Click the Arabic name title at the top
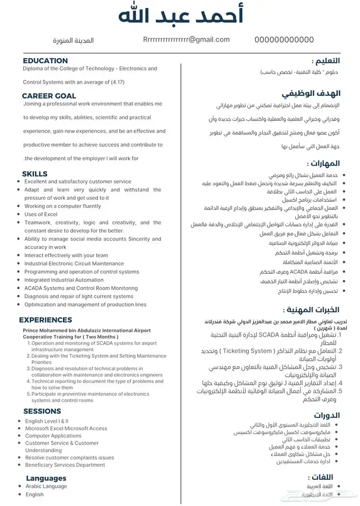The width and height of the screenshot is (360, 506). pos(181,15)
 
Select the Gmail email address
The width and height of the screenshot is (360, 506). pos(186,40)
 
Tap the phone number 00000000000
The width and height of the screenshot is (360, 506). pos(284,40)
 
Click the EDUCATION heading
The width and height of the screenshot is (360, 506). pos(45,61)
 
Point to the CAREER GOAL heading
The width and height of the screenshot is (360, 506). pos(49,96)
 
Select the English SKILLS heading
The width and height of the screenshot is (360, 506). pos(34,174)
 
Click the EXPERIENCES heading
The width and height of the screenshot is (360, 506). pos(45,320)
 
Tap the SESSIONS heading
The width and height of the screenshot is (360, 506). pos(42,411)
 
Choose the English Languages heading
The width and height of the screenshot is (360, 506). pos(47,478)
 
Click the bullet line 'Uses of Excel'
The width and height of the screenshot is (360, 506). pos(41,214)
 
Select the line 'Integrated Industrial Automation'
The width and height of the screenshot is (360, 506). pos(64,280)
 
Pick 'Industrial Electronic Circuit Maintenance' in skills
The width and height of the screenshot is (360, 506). pos(74,264)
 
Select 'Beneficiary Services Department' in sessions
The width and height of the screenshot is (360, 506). pos(65,465)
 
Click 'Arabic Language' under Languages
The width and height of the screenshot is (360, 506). pos(46,486)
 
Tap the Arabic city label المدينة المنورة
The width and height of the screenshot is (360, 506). pos(74,40)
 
